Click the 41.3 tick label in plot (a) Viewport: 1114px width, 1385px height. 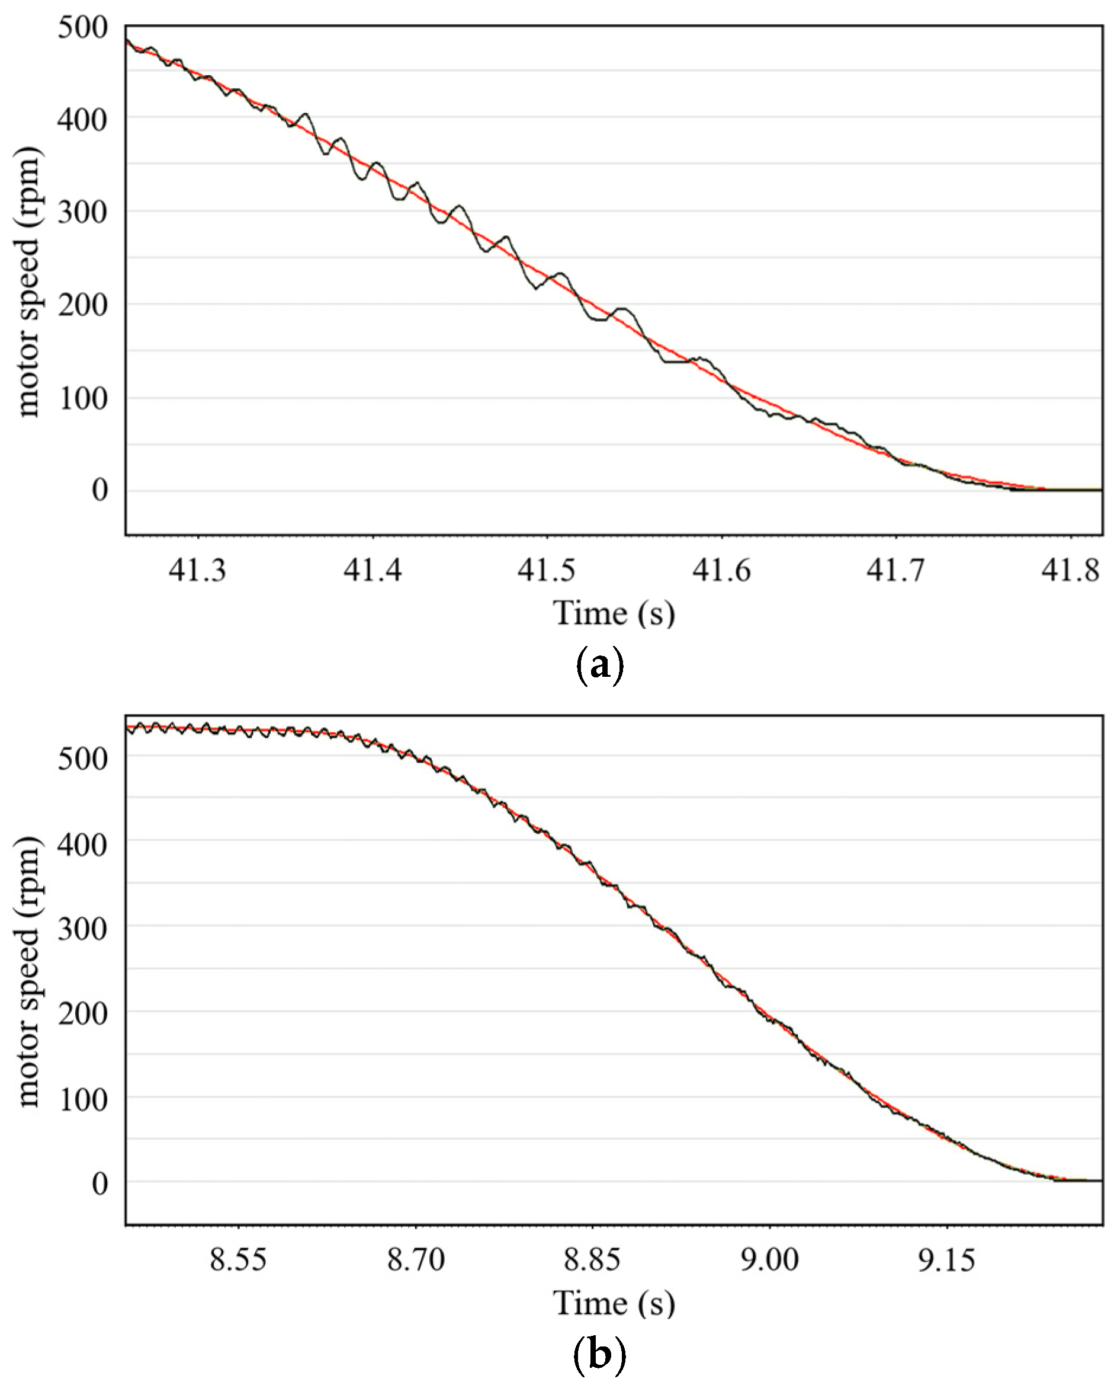point(198,570)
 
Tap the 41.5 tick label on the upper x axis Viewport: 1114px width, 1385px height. point(547,570)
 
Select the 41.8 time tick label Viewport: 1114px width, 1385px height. point(1070,570)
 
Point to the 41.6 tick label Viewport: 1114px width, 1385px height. point(721,570)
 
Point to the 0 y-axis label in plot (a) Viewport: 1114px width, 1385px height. point(99,490)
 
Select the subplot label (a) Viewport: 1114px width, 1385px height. point(598,666)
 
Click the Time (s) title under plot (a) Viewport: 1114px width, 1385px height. point(614,612)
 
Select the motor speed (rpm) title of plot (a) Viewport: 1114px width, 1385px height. point(28,283)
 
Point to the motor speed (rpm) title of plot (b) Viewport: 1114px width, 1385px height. point(28,972)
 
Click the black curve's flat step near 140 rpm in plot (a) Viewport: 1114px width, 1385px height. point(678,362)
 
